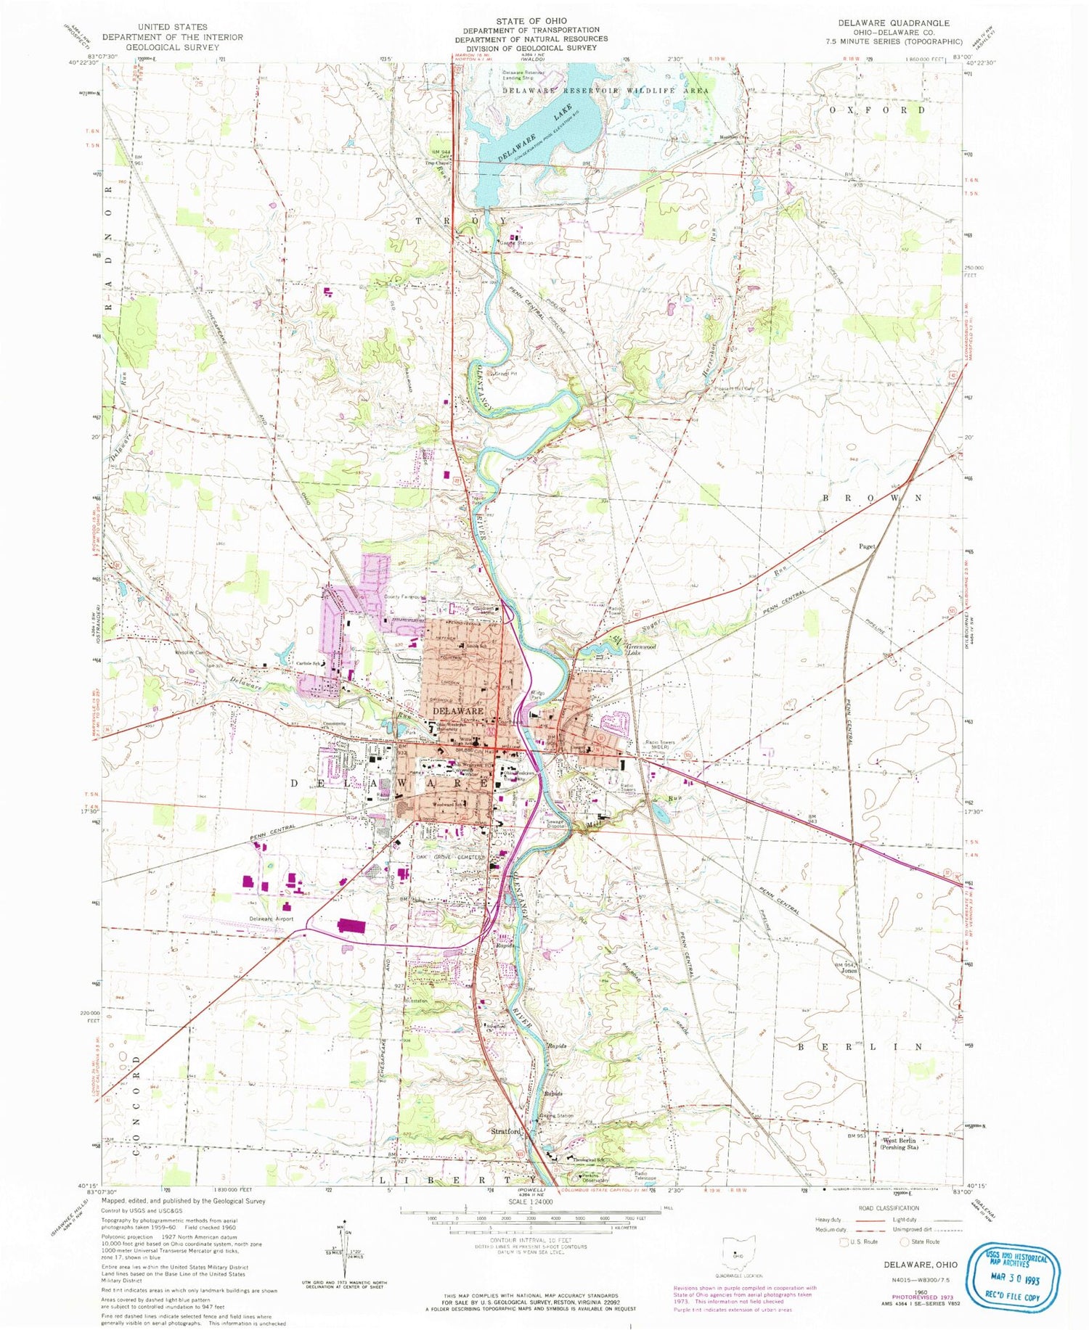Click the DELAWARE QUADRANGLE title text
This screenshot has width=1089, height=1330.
897,23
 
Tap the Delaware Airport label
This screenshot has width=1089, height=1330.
272,919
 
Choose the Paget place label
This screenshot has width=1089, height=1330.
867,546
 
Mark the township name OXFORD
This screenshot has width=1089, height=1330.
878,110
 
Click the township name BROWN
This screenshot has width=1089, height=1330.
872,498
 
